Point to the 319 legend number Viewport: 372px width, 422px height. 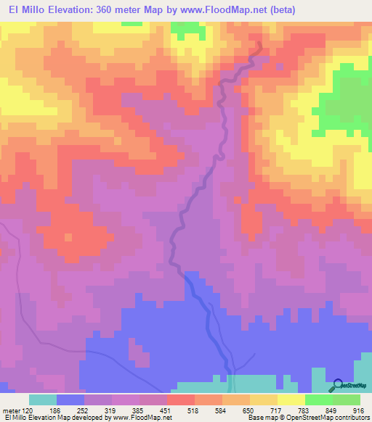(x=126, y=410)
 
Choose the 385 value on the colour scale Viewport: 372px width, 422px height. (x=153, y=410)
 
